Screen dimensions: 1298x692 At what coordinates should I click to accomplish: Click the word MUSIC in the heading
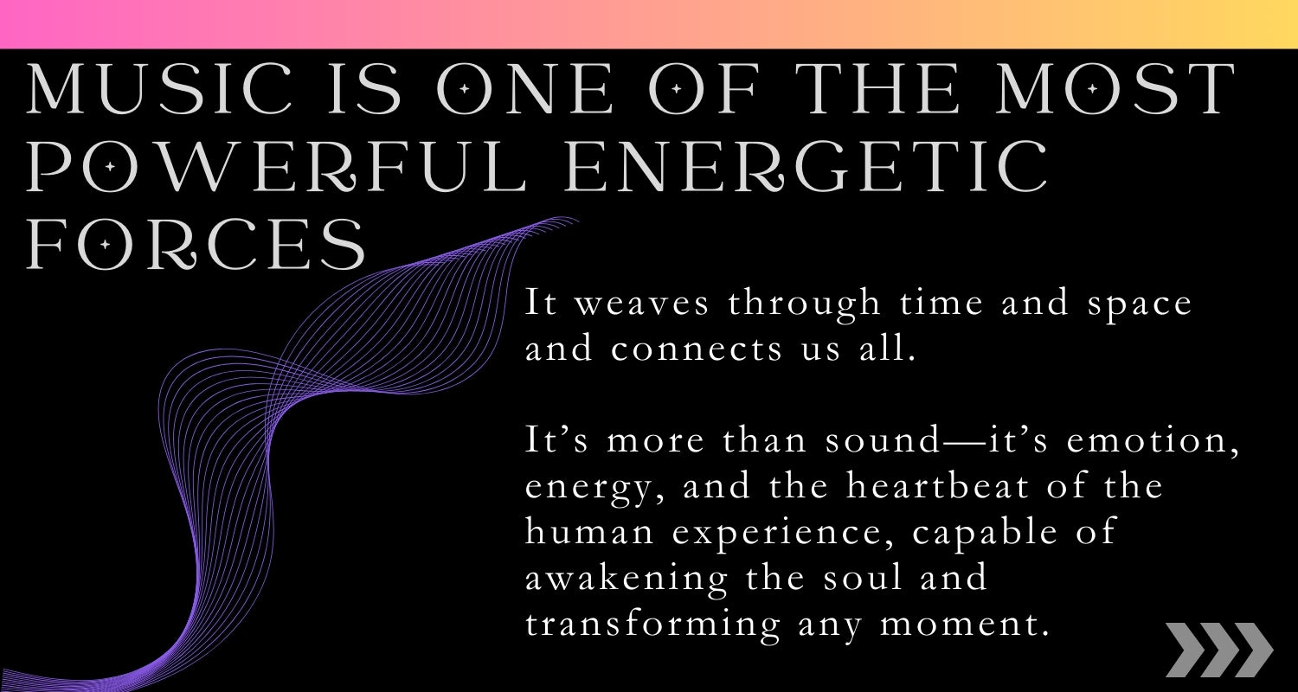160,88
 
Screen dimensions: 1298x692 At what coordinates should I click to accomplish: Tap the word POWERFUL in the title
276,166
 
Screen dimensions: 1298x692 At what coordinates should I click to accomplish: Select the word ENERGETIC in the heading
806,166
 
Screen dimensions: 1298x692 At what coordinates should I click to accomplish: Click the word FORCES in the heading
196,245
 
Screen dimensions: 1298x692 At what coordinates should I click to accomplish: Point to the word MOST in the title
1116,88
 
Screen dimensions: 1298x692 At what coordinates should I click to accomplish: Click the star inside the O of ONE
464,88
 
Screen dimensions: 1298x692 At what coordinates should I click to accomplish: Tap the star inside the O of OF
676,88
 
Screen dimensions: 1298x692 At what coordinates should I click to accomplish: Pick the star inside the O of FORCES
105,245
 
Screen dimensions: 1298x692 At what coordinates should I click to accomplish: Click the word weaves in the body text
641,304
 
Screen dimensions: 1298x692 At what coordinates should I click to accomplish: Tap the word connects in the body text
696,350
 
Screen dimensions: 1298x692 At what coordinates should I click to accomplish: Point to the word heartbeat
937,485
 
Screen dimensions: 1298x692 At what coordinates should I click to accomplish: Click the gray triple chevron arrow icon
1219,650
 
